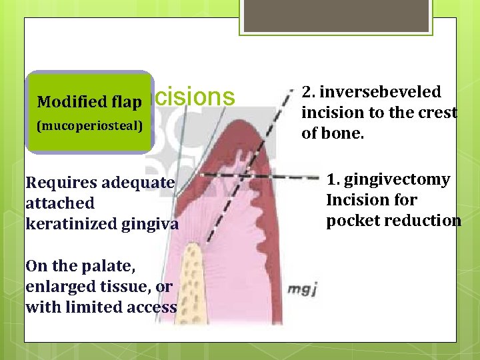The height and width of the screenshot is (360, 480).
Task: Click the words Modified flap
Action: click(x=89, y=102)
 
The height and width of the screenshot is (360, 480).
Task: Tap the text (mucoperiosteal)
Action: click(x=89, y=125)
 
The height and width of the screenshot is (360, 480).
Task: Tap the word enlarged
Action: click(x=55, y=287)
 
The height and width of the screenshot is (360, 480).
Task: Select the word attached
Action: click(x=60, y=203)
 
